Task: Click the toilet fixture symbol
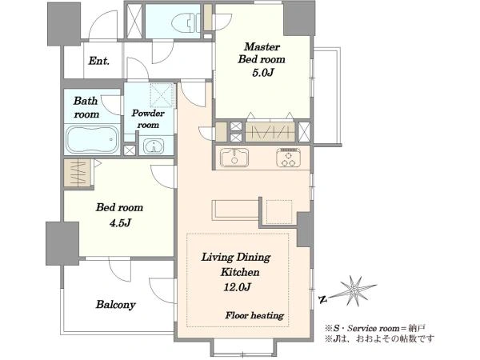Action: point(184,22)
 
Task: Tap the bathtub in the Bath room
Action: point(93,139)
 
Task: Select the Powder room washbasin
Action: point(154,146)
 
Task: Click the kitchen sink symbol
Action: point(234,157)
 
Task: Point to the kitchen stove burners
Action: point(288,158)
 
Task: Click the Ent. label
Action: point(99,61)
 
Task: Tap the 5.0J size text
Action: point(262,73)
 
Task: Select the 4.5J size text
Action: point(120,223)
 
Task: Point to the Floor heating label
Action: point(254,315)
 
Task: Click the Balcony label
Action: point(115,305)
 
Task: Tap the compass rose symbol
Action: point(354,290)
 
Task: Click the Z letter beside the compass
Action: point(322,299)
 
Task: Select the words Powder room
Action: point(148,118)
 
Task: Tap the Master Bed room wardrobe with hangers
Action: point(270,132)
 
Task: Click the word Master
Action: point(262,47)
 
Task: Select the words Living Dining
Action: point(236,257)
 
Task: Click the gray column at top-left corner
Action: point(64,24)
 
